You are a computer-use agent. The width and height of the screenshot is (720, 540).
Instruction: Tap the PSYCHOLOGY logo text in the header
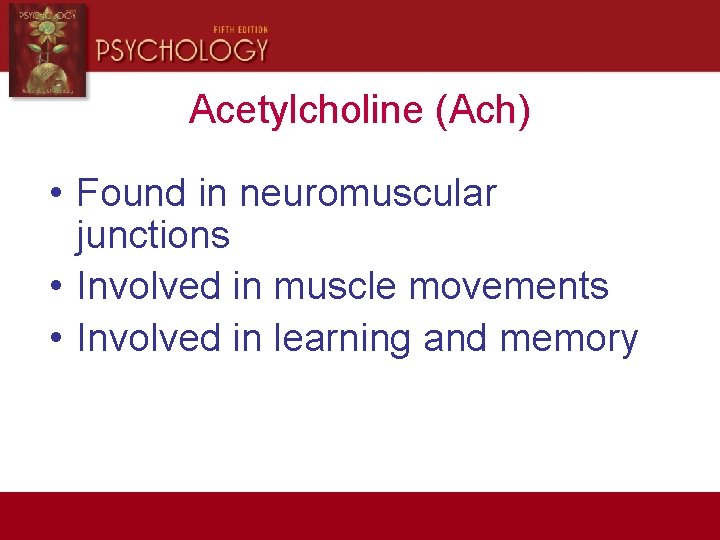coord(182,49)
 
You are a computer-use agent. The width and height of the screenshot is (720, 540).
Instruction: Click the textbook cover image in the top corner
coord(47,49)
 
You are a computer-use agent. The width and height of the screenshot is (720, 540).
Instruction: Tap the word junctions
coord(153,236)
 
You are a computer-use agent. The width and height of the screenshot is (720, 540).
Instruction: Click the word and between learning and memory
coord(455,339)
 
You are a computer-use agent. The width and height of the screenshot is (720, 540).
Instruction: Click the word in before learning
coord(247,339)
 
